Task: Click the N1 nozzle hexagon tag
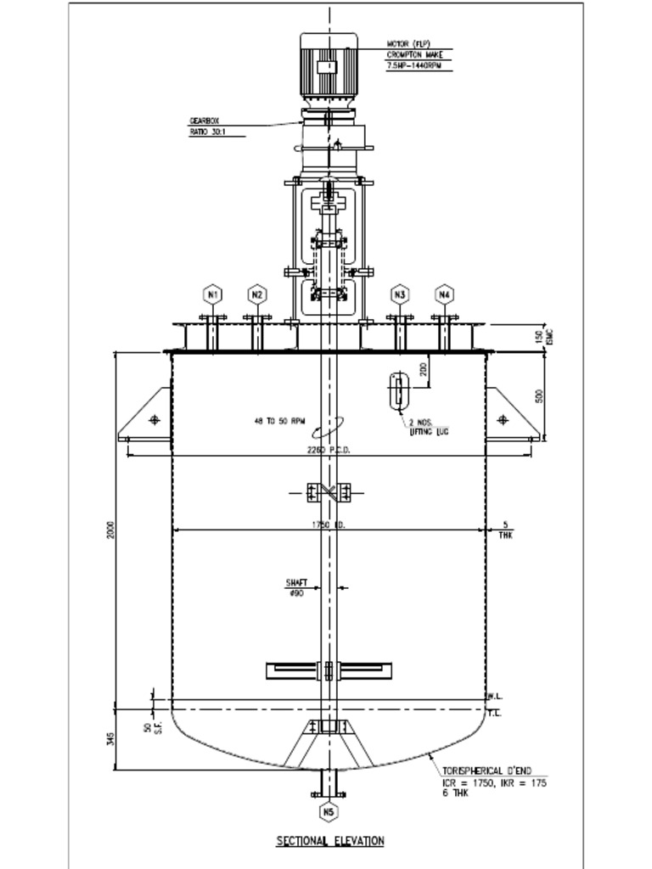[214, 294]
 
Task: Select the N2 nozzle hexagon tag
[257, 294]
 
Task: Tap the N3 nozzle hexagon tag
[400, 294]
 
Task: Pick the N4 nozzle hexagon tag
[444, 294]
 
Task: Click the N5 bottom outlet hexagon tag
[329, 812]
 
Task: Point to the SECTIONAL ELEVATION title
[330, 841]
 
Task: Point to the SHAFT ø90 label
[296, 587]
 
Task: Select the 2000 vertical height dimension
[111, 530]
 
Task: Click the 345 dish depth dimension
[111, 740]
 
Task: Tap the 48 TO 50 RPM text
[279, 420]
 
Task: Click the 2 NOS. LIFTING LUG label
[428, 427]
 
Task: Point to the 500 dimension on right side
[540, 396]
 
